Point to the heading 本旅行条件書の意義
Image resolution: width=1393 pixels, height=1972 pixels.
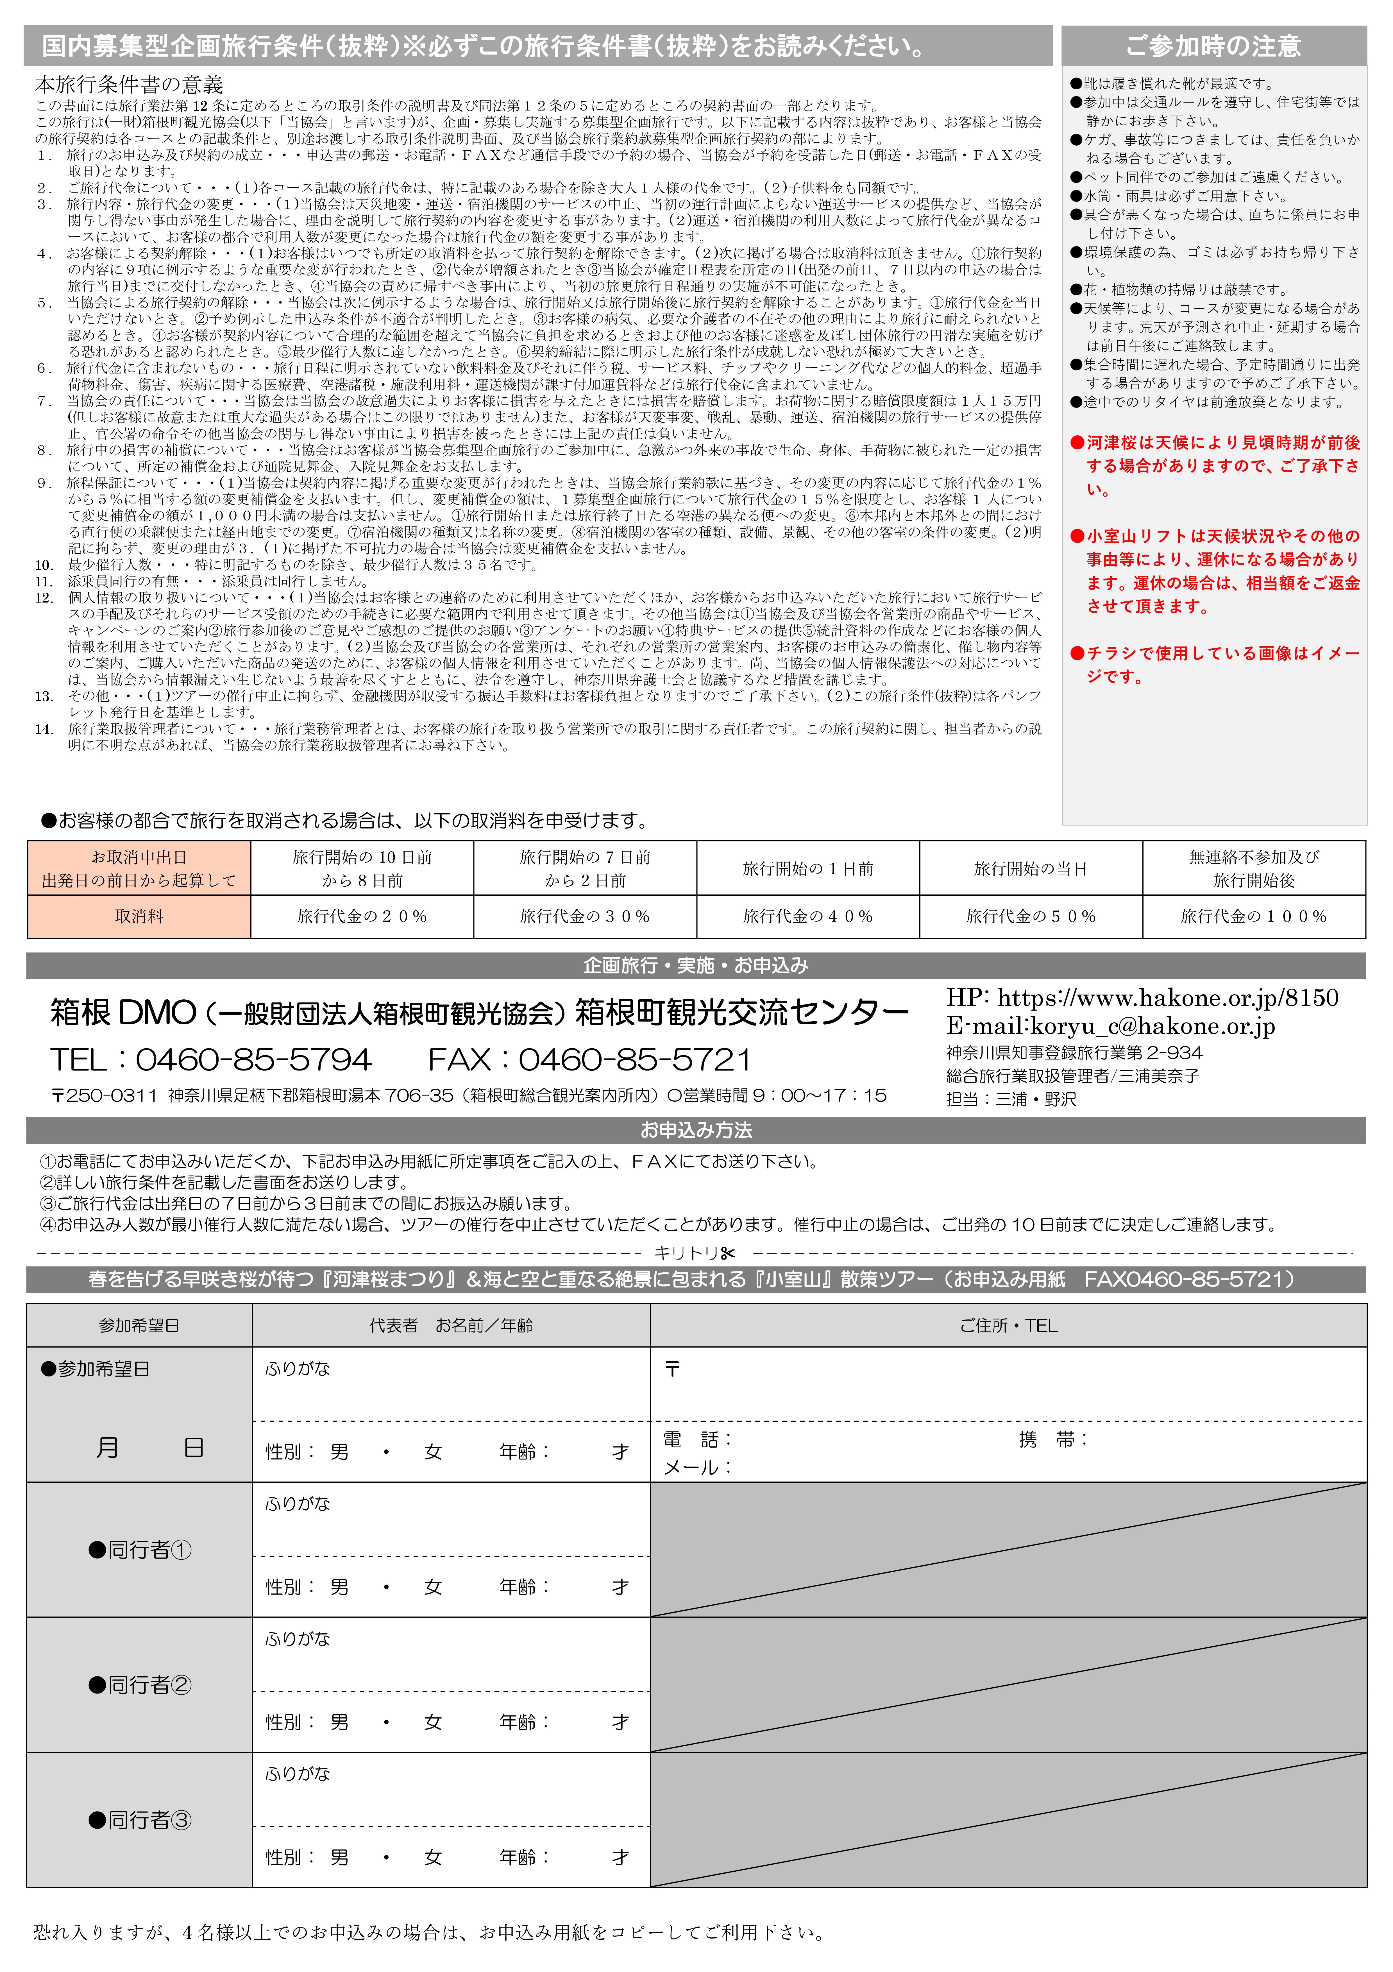point(129,84)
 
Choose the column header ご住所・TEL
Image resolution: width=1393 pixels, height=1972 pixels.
point(1008,1325)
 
